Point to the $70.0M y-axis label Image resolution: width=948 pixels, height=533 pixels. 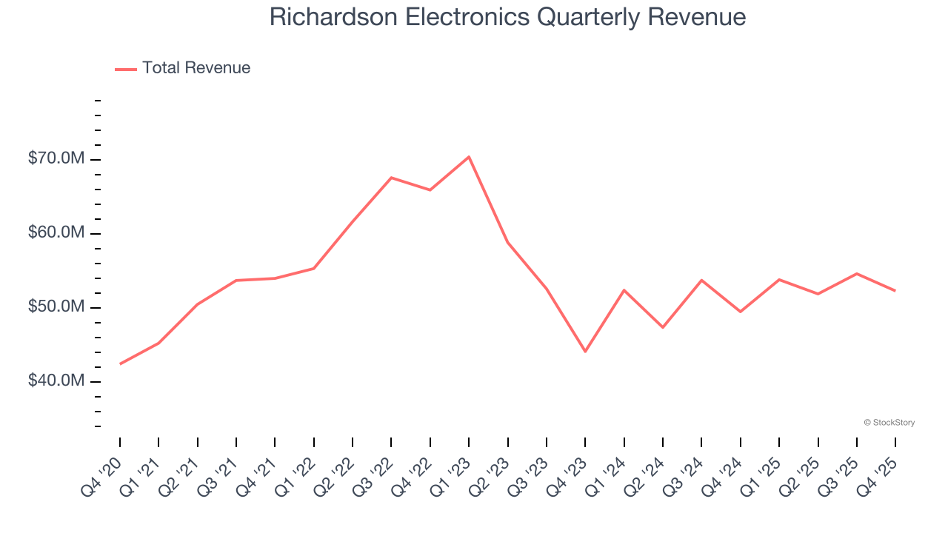57,159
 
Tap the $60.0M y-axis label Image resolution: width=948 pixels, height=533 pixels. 57,233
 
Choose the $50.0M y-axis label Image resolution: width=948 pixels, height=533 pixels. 57,306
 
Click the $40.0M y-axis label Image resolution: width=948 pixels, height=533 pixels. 57,381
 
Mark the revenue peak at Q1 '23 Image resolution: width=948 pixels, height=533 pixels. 469,157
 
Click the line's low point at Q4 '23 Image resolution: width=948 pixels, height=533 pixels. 585,351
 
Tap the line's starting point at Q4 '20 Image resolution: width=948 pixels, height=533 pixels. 120,363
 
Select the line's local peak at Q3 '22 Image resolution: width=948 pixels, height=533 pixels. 391,178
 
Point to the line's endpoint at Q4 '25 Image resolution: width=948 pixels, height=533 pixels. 895,290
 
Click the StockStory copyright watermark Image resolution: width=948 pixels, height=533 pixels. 889,423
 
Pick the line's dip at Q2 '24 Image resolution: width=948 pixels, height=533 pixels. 663,327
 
